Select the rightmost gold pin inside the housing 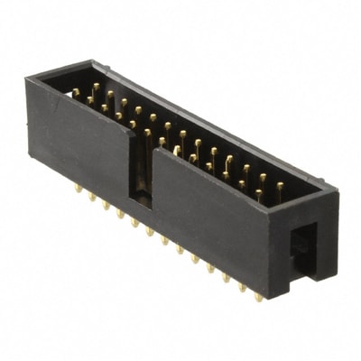click(x=280, y=187)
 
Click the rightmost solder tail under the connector click(x=258, y=295)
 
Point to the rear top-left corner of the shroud click(x=90, y=62)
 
